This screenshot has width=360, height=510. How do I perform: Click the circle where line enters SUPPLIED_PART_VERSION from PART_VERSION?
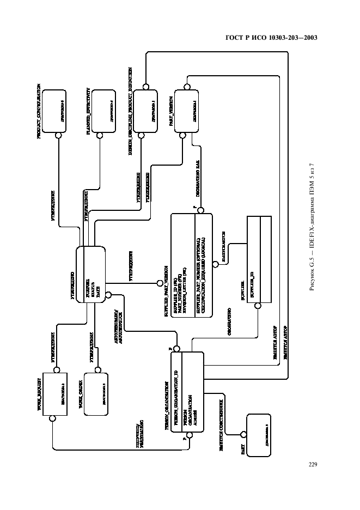(x=200, y=210)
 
